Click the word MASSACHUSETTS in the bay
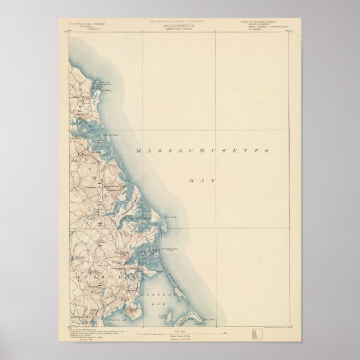tap(203, 151)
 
